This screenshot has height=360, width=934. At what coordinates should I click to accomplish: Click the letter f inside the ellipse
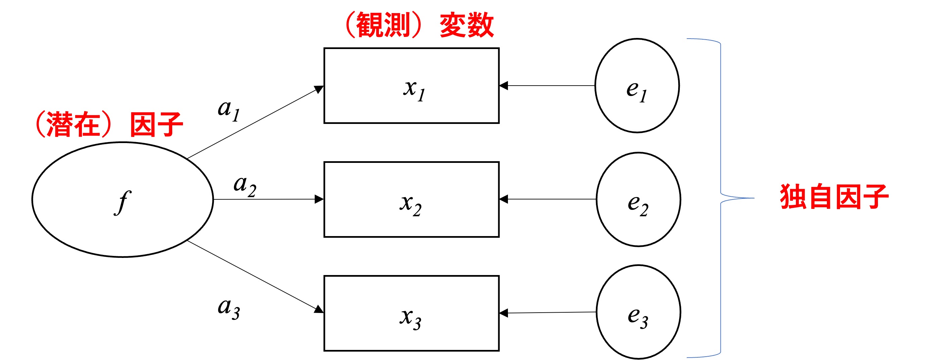[123, 202]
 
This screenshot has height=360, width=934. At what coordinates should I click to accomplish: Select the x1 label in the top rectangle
[414, 90]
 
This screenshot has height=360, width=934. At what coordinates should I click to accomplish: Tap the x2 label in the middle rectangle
[411, 204]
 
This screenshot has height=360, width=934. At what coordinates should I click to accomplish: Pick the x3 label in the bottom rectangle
[411, 318]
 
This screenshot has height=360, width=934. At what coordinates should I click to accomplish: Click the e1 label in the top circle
[636, 91]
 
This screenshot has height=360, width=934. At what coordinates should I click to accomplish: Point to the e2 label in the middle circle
[638, 204]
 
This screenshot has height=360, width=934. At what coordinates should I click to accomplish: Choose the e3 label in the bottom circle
[638, 317]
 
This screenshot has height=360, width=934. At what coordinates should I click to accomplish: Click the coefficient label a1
[228, 110]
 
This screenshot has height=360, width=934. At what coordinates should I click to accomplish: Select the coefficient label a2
[245, 186]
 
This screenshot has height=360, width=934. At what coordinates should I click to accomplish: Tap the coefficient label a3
[228, 308]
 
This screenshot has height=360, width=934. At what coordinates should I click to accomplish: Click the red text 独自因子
[834, 197]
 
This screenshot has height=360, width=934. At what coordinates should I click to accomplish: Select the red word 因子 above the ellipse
[156, 124]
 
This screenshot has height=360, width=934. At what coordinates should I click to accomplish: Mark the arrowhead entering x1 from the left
[319, 89]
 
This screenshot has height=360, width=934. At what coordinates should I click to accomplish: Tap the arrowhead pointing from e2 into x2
[503, 199]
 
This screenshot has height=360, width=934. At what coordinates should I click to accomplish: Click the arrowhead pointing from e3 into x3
[503, 313]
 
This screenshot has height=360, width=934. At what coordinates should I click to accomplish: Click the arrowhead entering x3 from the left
[319, 310]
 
